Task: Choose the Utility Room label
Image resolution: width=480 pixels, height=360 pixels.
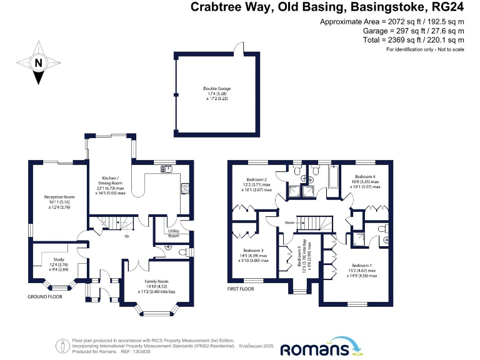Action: coord(173,233)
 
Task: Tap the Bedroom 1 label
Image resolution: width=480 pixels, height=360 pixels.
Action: coord(361,266)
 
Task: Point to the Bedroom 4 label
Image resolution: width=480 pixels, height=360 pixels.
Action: coord(364,177)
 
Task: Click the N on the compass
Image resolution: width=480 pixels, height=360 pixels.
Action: coord(38,62)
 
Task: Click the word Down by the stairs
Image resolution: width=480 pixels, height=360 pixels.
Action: coord(289,222)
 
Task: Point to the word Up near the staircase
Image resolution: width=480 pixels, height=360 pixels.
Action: coord(127,236)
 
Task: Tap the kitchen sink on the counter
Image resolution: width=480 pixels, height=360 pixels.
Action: coord(166,168)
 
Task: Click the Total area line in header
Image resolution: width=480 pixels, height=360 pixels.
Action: coord(392,40)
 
